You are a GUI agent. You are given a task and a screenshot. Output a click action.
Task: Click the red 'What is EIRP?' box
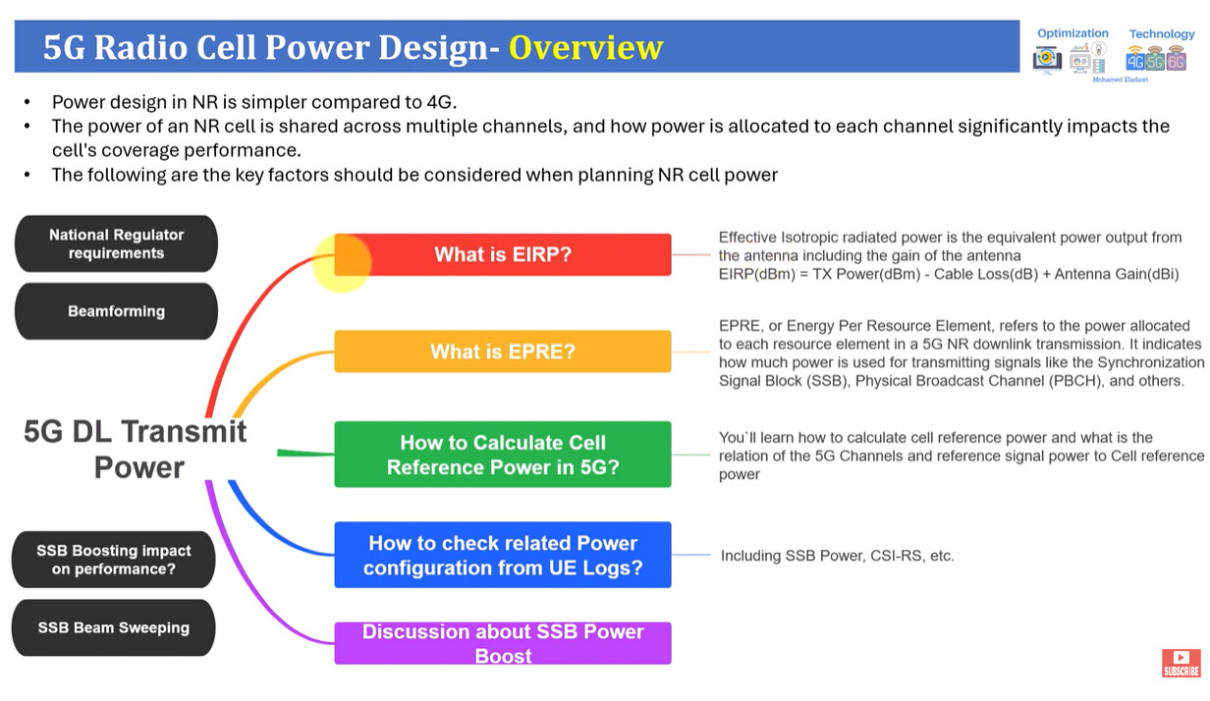pyautogui.click(x=503, y=254)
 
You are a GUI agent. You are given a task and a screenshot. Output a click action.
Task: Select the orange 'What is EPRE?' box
pyautogui.click(x=503, y=351)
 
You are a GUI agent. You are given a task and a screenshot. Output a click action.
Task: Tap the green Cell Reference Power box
pyautogui.click(x=503, y=455)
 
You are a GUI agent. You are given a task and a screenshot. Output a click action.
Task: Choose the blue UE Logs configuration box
pyautogui.click(x=503, y=555)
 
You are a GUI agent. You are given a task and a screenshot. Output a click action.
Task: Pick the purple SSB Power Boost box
pyautogui.click(x=503, y=643)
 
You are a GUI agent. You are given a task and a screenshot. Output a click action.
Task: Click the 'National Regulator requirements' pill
pyautogui.click(x=116, y=243)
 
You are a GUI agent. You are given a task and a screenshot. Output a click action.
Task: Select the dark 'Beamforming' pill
pyautogui.click(x=116, y=311)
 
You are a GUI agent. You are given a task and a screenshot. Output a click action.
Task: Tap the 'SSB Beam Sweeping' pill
pyautogui.click(x=114, y=627)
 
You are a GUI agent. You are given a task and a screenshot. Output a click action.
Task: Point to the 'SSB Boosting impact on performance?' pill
pyautogui.click(x=114, y=560)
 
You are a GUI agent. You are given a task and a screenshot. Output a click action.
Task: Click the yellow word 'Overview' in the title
pyautogui.click(x=585, y=47)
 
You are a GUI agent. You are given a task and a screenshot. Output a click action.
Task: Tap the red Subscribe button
pyautogui.click(x=1181, y=663)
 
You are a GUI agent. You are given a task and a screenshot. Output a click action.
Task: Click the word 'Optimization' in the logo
pyautogui.click(x=1072, y=33)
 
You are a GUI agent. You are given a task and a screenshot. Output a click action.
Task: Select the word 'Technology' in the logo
pyautogui.click(x=1162, y=34)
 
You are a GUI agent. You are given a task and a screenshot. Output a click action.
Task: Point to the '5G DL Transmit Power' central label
pyautogui.click(x=136, y=450)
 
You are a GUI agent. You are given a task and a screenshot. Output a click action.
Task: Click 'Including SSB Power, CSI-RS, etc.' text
pyautogui.click(x=837, y=556)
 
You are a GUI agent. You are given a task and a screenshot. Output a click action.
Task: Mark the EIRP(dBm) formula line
pyautogui.click(x=949, y=274)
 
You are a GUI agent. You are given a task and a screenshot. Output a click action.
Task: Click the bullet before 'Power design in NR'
pyautogui.click(x=27, y=102)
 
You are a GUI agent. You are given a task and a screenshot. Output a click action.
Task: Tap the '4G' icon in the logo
pyautogui.click(x=1135, y=60)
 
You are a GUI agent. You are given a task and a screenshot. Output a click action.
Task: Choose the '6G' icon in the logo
pyautogui.click(x=1176, y=60)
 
